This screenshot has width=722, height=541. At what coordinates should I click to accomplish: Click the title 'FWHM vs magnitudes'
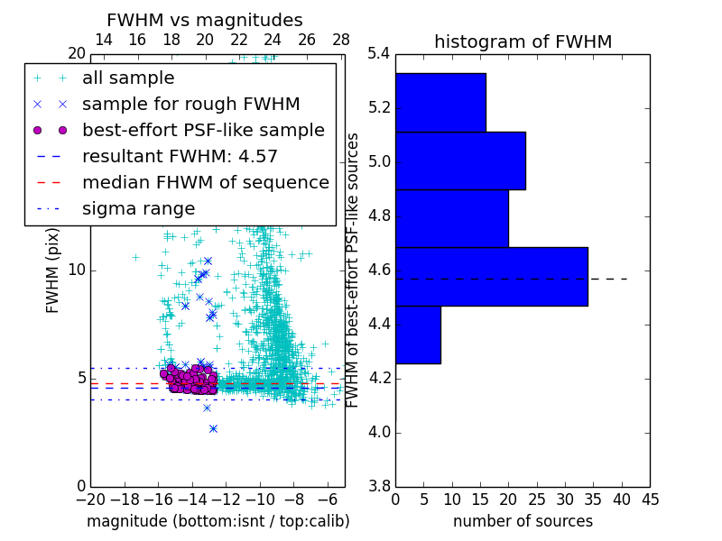coord(205,20)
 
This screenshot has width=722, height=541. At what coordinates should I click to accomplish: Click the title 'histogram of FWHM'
coord(523,41)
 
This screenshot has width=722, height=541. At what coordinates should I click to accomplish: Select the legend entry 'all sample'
coord(128,78)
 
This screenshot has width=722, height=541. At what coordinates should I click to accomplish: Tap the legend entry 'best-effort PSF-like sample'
coord(203,131)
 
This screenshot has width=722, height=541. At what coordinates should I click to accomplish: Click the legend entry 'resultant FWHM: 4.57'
coord(180,157)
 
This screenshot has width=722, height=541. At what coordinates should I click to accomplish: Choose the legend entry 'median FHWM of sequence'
coord(205,183)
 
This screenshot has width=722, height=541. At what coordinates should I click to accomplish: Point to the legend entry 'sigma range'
coord(138,209)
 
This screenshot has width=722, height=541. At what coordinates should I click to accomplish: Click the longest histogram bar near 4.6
coord(491,277)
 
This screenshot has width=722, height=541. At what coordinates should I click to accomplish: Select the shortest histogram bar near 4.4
coord(418,335)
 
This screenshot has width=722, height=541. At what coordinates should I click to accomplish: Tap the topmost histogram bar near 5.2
coord(440,102)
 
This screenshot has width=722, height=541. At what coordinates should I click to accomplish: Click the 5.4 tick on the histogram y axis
coord(379,54)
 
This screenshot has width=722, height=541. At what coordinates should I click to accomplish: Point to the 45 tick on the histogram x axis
coord(650,499)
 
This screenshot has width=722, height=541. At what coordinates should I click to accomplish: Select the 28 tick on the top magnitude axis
coord(341,40)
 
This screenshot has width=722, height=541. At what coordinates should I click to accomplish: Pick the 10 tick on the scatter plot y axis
coord(76,270)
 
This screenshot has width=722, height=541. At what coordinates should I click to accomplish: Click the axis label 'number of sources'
coord(523,521)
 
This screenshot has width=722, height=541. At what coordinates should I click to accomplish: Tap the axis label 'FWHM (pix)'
coord(53,270)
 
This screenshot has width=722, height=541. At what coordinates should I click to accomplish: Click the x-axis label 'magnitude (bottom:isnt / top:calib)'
coord(218,521)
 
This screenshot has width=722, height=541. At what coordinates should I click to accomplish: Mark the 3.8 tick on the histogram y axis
coord(379,486)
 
